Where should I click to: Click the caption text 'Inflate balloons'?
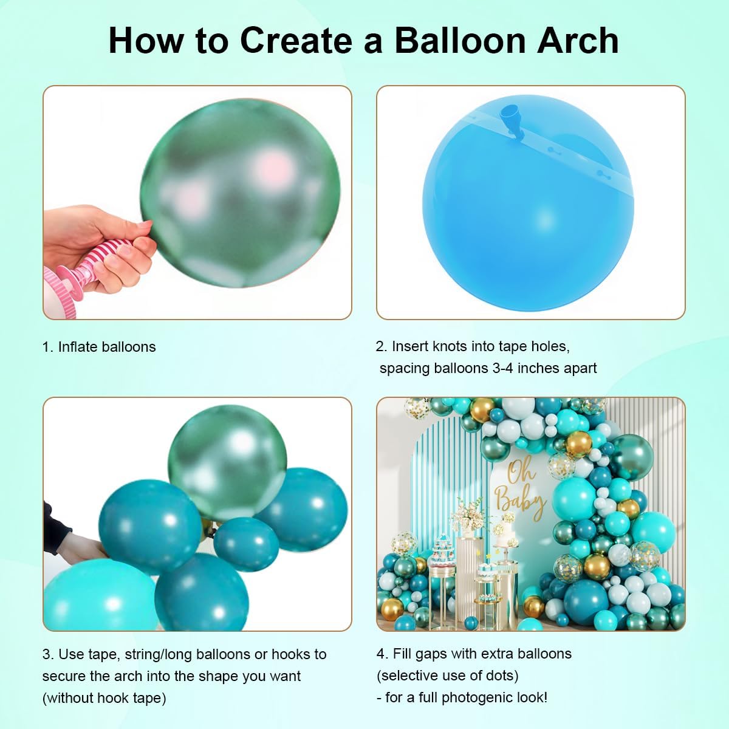106,347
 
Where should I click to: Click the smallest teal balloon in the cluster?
246,542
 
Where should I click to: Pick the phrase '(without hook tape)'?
104,698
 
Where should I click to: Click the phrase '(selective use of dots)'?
447,676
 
